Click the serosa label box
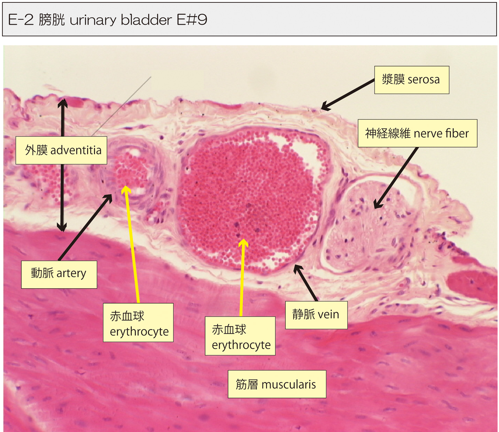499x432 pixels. coord(412,80)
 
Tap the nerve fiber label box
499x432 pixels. coord(417,133)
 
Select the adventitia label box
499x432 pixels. coord(61,150)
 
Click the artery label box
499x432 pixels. coord(59,274)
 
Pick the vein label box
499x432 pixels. coord(316,315)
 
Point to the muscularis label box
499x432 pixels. coord(277,384)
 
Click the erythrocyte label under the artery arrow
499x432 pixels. coord(138,323)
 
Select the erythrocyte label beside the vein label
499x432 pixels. coord(240,336)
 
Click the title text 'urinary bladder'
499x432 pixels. coord(120,20)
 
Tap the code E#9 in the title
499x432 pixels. coord(192,20)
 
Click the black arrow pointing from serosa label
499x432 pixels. coord(348,95)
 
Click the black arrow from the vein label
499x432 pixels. coord(305,283)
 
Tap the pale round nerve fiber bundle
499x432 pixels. coord(368,224)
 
